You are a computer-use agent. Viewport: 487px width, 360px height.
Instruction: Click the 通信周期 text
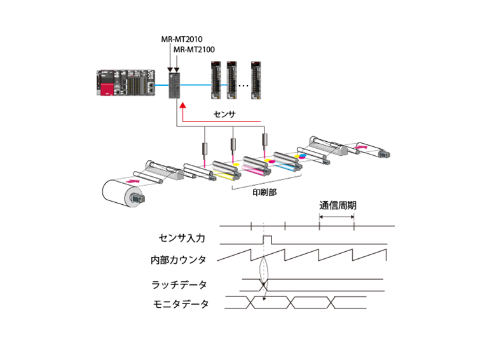tap(337, 205)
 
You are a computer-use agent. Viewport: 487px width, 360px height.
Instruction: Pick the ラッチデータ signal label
tap(179, 284)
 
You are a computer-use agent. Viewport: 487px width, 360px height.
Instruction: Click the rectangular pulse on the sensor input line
tap(267, 239)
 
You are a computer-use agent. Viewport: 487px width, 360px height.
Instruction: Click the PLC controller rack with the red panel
tap(125, 81)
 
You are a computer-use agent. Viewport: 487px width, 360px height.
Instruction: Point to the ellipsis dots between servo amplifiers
tap(243, 83)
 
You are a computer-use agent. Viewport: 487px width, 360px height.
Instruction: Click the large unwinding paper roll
tap(123, 192)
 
